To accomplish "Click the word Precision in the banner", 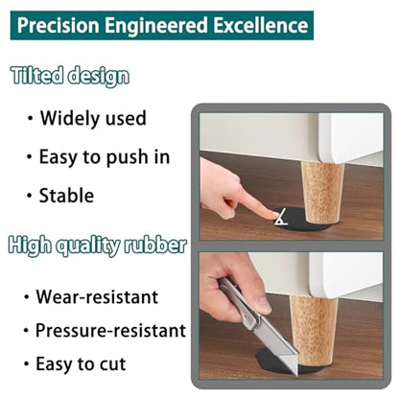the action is (x=58, y=26).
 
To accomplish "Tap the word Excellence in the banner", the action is (x=261, y=26).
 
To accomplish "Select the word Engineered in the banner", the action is (x=156, y=26).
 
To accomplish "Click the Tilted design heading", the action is (x=70, y=76).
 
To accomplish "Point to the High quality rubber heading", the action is (x=98, y=246).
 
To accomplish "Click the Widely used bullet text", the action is (x=93, y=118).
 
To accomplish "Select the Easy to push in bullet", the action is (x=105, y=157).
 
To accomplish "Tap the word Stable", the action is (x=66, y=196).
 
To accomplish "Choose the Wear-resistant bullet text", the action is (x=97, y=297).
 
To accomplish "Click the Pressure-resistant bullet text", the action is (x=110, y=330).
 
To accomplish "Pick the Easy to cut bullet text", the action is (x=81, y=364).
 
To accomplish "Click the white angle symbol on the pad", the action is (x=281, y=217).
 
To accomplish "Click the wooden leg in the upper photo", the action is (x=322, y=193).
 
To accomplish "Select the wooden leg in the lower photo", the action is (x=313, y=333).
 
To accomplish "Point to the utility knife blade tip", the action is (x=295, y=374).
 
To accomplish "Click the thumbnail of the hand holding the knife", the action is (x=264, y=305).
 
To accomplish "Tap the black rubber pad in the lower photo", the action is (x=281, y=362).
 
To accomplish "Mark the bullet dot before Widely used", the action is (x=30, y=118).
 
